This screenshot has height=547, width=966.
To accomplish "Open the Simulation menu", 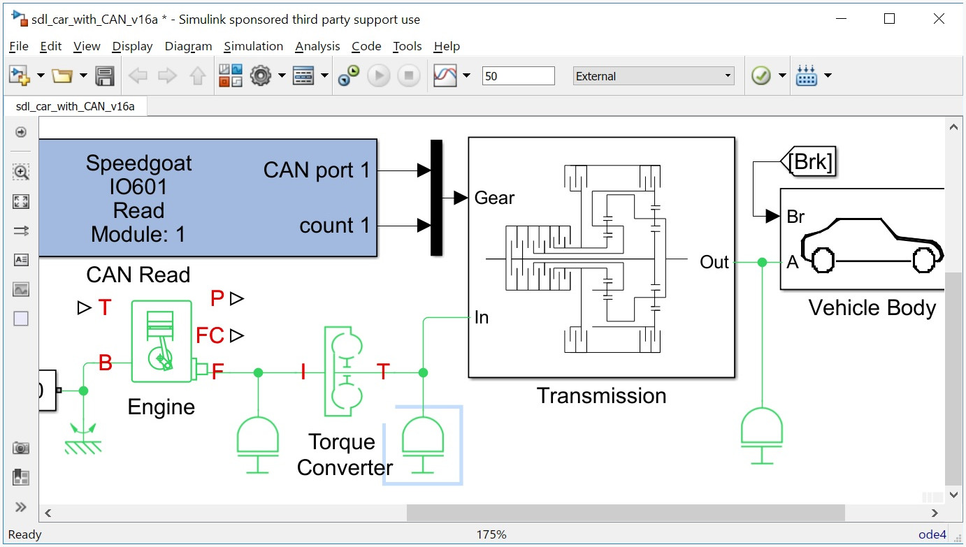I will click(x=253, y=46).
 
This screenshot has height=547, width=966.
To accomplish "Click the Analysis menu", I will click(x=317, y=46).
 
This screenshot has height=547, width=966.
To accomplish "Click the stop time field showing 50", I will click(x=518, y=76).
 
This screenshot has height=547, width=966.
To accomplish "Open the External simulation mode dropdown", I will click(x=653, y=76).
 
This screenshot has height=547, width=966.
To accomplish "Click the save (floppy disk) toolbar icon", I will click(x=105, y=75).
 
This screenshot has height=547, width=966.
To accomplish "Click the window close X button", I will click(x=939, y=19).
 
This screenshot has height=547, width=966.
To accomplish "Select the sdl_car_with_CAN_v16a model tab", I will click(x=75, y=106).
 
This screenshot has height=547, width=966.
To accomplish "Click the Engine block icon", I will click(x=161, y=342).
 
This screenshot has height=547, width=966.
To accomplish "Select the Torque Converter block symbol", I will click(x=343, y=371).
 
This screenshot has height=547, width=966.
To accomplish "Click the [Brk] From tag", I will click(x=809, y=162).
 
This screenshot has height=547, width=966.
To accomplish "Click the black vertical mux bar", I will click(x=436, y=198).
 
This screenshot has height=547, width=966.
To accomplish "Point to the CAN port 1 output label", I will click(x=316, y=170).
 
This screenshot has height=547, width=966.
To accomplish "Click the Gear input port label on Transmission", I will click(x=494, y=198).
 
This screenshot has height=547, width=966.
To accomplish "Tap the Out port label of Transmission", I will click(x=714, y=262).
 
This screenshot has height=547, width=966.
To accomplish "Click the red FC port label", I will click(x=210, y=336).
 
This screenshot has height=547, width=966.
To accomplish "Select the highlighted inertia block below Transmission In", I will click(x=422, y=444).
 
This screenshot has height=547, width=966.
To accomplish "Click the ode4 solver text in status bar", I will click(x=932, y=534).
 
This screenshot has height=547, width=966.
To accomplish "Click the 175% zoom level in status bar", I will click(x=491, y=534).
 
